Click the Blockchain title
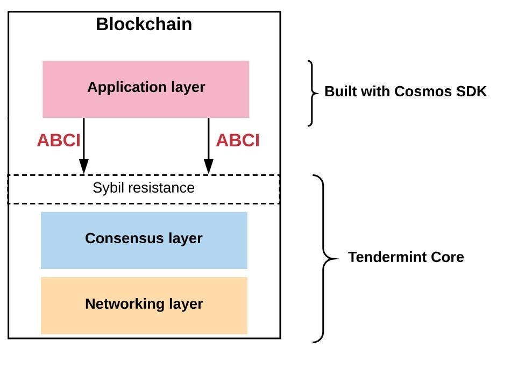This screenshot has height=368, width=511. point(144,24)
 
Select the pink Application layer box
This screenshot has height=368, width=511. point(146,102)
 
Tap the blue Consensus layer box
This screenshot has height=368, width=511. point(144,253)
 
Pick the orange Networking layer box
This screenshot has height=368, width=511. point(144,320)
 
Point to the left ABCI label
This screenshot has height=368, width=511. point(58,140)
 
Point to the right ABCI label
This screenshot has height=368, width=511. point(238,140)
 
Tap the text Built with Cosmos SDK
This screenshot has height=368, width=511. point(405,91)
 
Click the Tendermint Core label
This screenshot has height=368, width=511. point(406,257)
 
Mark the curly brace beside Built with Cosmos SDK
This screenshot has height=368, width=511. point(312,93)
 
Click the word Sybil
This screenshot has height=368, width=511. point(105,188)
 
